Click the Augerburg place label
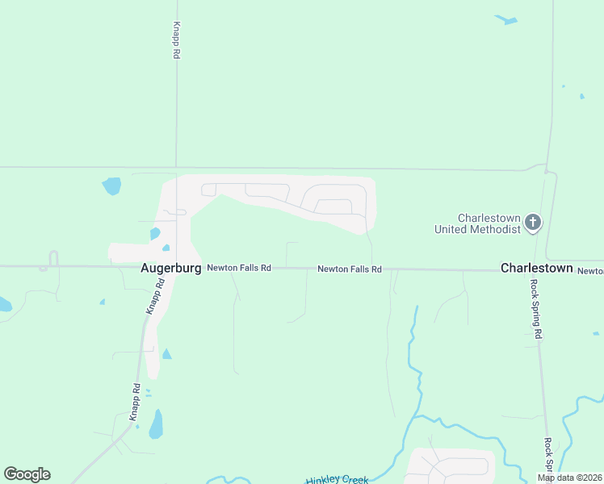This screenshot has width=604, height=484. point(170,268)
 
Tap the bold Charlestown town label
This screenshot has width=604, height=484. point(536,268)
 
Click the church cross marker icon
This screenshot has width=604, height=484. point(532,221)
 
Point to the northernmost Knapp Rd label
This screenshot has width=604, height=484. point(176,40)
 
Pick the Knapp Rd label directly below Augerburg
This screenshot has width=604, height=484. point(155,296)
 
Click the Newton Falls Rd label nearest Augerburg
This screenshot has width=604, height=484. point(239,268)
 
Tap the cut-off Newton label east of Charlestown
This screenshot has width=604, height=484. point(590,271)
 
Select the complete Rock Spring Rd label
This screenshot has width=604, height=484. point(535,309)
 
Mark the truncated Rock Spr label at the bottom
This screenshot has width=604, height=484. point(548,456)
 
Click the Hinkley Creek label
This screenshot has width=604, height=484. point(337,479)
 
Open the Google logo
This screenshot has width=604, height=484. point(27,474)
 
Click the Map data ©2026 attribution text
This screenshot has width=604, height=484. point(569,478)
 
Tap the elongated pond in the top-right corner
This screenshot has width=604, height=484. point(506,19)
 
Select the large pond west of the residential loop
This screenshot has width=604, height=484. point(111,186)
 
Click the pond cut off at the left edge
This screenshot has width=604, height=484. point(4,304)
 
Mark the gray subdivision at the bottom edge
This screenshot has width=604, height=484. point(449,465)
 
